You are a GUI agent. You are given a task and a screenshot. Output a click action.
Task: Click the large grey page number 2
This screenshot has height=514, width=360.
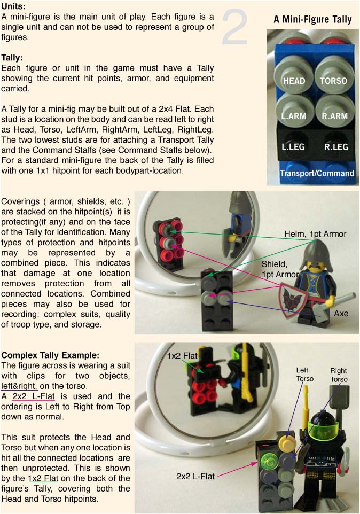coord(234,28)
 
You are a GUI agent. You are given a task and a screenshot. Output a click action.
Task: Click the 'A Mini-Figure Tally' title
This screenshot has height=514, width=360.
coord(312,19)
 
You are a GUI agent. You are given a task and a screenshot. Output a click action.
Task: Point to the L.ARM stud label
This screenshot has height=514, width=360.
coord(294,116)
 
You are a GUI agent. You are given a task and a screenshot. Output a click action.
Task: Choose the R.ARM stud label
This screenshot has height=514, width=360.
coord(334,116)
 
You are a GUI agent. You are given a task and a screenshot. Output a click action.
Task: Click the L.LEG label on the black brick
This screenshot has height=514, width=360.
coord(293,146)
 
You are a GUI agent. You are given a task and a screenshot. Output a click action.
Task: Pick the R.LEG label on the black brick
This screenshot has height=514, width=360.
coord(336,146)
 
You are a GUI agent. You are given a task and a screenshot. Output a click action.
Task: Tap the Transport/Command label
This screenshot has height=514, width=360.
coord(317,173)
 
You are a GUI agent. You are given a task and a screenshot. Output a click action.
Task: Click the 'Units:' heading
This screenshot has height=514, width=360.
coord(13,6)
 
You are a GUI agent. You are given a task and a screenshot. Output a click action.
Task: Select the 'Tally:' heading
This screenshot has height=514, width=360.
coord(12,58)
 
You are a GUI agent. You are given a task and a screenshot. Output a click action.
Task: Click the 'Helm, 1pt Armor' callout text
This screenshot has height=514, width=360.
coord(315,233)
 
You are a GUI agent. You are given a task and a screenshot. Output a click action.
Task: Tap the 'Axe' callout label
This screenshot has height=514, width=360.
coord(341,314)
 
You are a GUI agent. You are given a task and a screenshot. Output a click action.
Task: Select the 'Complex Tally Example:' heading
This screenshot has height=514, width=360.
coord(50,355)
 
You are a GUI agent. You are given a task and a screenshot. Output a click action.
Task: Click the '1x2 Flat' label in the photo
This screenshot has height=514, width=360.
coord(182,356)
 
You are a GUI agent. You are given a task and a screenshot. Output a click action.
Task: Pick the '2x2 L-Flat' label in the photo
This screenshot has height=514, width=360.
coord(195,476)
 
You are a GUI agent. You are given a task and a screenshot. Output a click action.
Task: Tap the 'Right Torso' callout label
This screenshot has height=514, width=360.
coord(339,375)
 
